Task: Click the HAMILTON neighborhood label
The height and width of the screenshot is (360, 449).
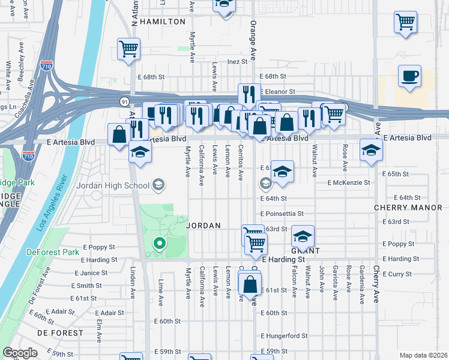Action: point(163,22)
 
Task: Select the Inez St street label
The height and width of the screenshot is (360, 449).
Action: point(237,61)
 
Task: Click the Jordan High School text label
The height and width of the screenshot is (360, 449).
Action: point(112,185)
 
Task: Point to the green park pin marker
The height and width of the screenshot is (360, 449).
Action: point(159,244)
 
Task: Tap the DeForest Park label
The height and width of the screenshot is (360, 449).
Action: point(53,252)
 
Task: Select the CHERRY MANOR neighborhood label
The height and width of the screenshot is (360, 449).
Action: point(411,208)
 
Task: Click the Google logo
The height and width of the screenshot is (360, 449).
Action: point(20,353)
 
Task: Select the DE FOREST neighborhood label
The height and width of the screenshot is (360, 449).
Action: point(60,332)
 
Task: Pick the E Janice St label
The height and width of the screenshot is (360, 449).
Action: point(91,272)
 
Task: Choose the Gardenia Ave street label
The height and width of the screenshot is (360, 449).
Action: point(362,278)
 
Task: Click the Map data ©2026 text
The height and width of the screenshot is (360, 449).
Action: point(423,355)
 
